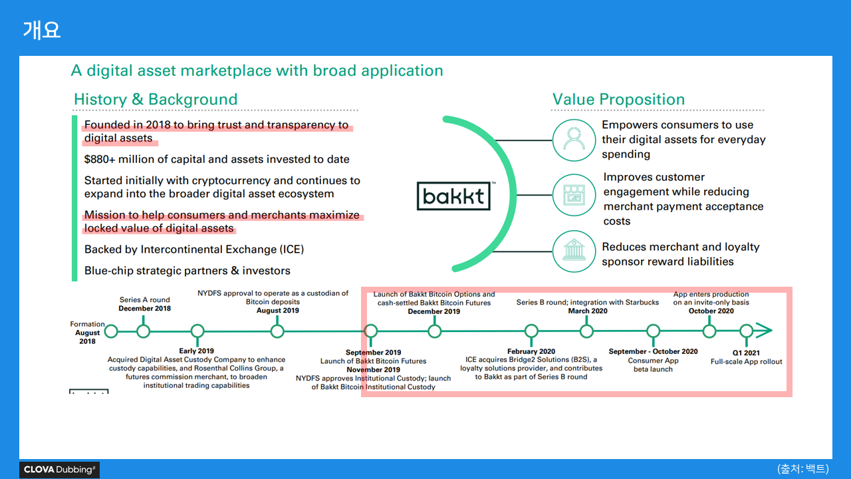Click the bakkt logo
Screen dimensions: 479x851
[x=453, y=196]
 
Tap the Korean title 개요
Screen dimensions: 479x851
[x=41, y=30]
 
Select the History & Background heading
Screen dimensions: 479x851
[x=156, y=100]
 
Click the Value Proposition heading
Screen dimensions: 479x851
[x=618, y=100]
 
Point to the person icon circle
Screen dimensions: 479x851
[x=572, y=140]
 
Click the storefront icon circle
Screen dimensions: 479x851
[x=572, y=195]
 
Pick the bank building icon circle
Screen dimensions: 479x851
[x=572, y=251]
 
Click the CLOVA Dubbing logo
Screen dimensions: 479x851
[x=59, y=470]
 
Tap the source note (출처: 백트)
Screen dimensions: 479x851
[x=803, y=468]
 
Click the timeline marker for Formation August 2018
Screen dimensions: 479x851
[x=111, y=331]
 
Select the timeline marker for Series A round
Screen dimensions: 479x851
[x=143, y=331]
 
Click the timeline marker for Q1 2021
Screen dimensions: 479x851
[x=747, y=331]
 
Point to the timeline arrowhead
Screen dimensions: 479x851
[x=765, y=331]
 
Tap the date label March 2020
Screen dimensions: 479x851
[x=588, y=311]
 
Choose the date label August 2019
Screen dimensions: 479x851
[x=278, y=311]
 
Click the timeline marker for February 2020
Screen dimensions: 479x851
[x=531, y=331]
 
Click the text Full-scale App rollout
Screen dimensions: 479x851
[x=746, y=362]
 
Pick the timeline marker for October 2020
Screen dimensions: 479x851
[x=709, y=331]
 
